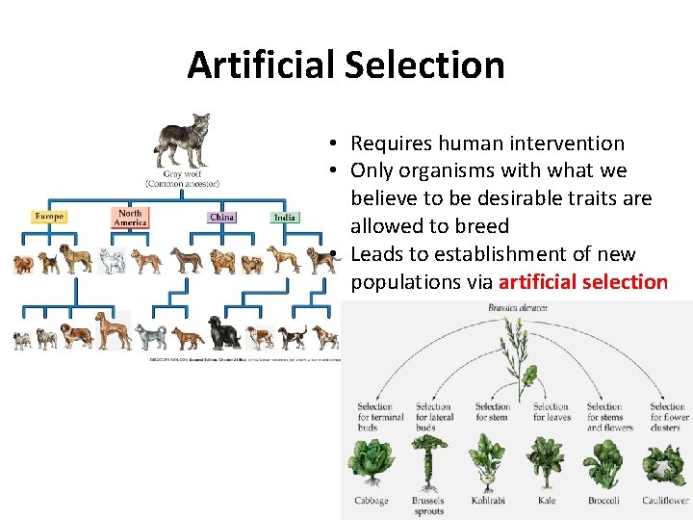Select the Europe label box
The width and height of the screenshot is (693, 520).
pyautogui.click(x=49, y=216)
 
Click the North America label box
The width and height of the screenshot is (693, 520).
pyautogui.click(x=129, y=217)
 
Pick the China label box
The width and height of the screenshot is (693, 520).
pyautogui.click(x=221, y=217)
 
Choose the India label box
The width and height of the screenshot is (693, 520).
pyautogui.click(x=284, y=217)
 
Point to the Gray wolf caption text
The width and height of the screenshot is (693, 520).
pyautogui.click(x=183, y=178)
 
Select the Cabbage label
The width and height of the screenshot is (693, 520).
pyautogui.click(x=372, y=501)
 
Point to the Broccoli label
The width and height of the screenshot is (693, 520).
pyautogui.click(x=603, y=501)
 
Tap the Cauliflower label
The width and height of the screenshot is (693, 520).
pyautogui.click(x=665, y=501)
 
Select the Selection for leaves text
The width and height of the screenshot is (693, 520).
pyautogui.click(x=552, y=412)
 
